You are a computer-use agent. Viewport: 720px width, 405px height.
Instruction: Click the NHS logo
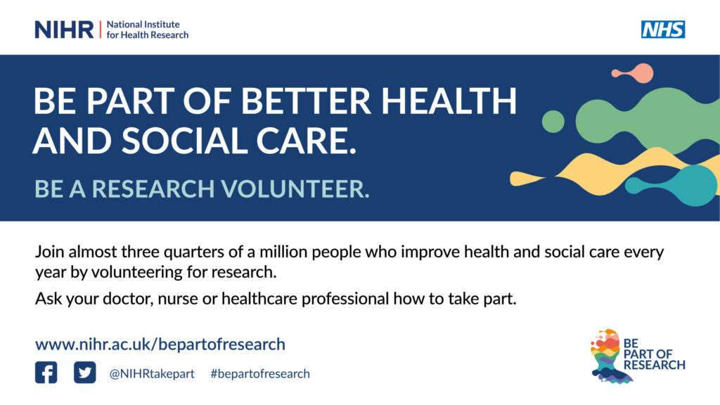click(663, 30)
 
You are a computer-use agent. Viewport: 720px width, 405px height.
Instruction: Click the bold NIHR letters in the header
click(64, 30)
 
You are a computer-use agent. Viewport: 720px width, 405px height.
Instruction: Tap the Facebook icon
click(46, 373)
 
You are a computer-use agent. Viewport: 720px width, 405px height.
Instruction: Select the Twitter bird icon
click(85, 373)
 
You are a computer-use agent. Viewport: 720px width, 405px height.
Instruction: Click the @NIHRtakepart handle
click(152, 374)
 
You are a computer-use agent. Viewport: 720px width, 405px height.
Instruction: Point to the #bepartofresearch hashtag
click(260, 374)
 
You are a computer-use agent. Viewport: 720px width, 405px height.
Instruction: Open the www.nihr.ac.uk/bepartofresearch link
click(160, 345)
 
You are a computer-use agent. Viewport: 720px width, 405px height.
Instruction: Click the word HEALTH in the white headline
click(449, 101)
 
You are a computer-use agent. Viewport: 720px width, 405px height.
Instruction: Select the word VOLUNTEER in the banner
click(295, 188)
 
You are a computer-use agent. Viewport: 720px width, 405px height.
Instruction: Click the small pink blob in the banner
click(634, 73)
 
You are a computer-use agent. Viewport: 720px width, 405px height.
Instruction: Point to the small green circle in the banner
click(553, 122)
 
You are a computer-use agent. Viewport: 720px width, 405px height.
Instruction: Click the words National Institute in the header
click(143, 25)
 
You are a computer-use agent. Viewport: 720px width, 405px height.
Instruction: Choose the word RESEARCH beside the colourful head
click(655, 365)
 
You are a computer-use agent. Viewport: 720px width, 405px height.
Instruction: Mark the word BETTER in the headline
click(306, 101)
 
